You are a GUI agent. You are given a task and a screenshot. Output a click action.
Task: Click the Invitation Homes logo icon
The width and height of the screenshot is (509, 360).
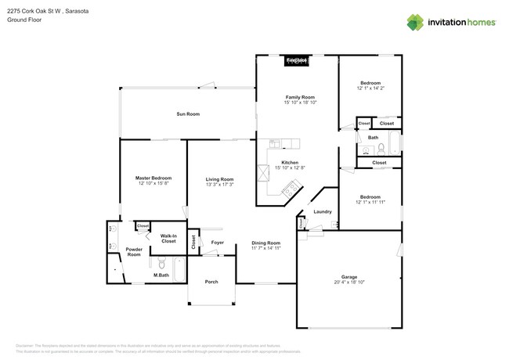415,22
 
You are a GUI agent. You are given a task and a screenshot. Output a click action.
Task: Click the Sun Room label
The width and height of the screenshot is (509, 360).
187,114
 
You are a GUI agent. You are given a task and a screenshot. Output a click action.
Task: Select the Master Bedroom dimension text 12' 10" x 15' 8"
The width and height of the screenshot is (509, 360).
153,183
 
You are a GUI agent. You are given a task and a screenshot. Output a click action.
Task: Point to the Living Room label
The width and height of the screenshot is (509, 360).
220,179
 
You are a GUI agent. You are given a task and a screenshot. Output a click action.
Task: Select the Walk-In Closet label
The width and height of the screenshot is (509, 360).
168,238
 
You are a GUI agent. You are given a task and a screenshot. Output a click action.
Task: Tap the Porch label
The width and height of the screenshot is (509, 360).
211,282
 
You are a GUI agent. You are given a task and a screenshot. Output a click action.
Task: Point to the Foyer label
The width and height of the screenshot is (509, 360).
218,243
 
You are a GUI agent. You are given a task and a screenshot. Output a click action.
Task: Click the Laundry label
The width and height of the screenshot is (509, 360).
322,212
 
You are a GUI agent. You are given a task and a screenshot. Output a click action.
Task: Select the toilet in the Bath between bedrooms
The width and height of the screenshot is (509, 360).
381,148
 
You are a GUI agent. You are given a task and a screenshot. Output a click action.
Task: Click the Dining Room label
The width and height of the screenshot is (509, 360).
265,243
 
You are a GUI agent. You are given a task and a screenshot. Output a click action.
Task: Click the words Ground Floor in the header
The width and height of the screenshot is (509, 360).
23,20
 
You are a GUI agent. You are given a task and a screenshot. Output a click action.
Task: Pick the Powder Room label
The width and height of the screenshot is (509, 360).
134,252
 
